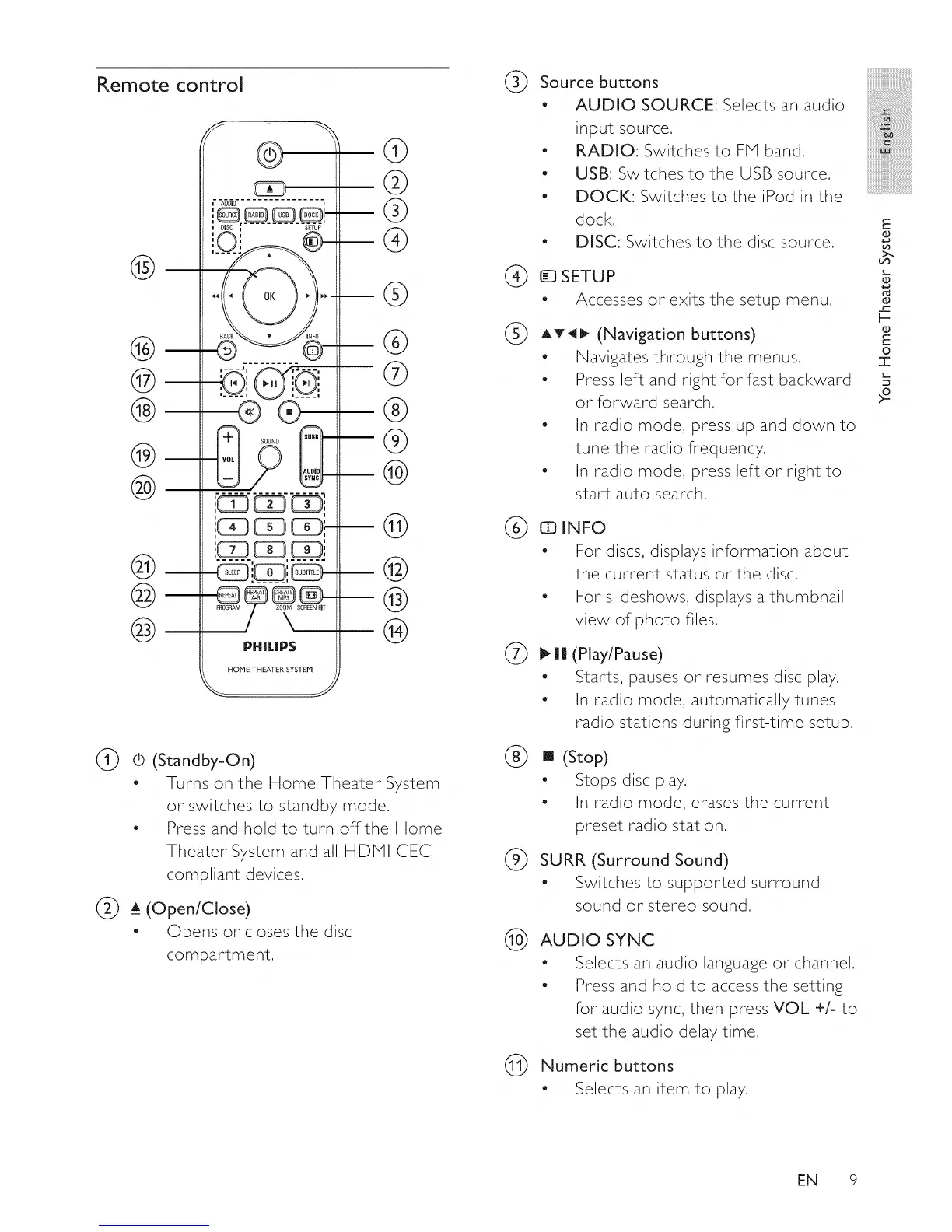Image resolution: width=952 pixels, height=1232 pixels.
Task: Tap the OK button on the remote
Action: tap(269, 296)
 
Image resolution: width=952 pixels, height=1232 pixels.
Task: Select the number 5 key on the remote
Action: tap(270, 527)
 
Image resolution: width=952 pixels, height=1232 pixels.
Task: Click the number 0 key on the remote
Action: tap(270, 573)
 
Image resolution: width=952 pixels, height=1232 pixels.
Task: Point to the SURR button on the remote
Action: tap(311, 437)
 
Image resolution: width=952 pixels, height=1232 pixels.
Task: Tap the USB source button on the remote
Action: tap(284, 215)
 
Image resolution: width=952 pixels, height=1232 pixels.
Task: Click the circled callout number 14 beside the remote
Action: tap(395, 631)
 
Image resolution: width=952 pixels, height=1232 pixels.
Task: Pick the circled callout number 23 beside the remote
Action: tap(145, 628)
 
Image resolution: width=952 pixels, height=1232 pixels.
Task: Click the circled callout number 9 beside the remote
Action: tap(395, 441)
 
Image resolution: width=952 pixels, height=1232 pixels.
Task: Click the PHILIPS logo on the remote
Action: tap(269, 646)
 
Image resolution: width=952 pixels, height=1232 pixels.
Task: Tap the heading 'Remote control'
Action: tap(170, 84)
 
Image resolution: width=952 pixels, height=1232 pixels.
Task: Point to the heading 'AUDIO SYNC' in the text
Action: tap(597, 940)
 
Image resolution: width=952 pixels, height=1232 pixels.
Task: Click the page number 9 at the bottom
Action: tap(852, 1180)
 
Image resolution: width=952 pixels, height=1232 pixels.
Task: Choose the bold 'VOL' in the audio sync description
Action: tap(791, 1009)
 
